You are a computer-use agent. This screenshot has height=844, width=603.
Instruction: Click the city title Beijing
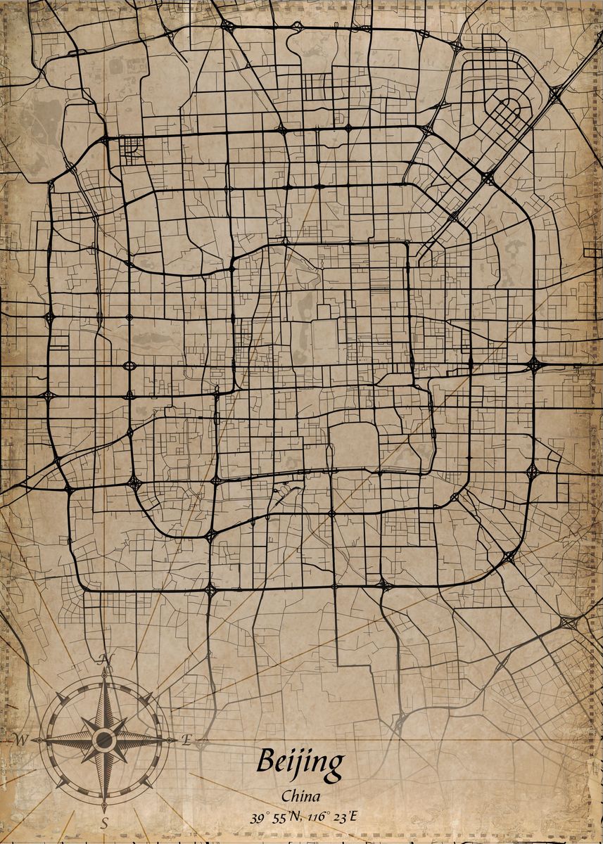point(300,762)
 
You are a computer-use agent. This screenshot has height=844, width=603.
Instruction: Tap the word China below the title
point(300,796)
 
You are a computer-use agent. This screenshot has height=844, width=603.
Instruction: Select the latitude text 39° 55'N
point(274,817)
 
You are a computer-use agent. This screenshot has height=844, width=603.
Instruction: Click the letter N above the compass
point(106,658)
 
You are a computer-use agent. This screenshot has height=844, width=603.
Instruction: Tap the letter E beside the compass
point(186,739)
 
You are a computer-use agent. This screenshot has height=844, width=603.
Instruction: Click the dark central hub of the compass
point(105,739)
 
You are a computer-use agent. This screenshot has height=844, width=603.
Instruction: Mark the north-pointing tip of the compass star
point(105,670)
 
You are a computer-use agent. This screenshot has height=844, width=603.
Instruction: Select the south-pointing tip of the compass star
point(105,810)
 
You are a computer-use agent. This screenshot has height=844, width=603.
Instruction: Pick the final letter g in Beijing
point(336,765)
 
